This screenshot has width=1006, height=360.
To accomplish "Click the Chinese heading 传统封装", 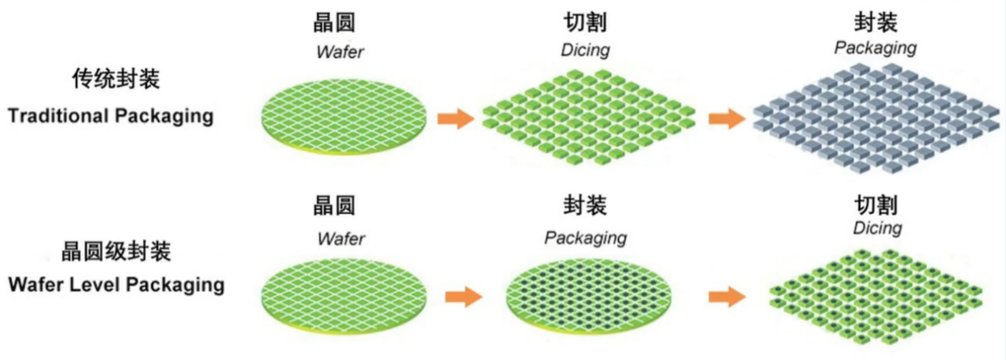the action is pos(116,78).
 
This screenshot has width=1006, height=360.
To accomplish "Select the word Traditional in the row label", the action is pos(59,115).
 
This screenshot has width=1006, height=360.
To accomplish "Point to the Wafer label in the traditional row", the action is pos(340,52).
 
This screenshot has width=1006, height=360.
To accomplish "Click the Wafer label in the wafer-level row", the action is pos(341,238).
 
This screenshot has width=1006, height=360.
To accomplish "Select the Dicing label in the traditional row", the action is pos(585,50).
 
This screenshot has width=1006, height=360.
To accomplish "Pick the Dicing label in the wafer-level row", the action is pos(878,228).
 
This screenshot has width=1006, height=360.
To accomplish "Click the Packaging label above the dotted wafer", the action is pos(586,238).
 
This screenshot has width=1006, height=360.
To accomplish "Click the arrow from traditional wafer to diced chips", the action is pos(456,119).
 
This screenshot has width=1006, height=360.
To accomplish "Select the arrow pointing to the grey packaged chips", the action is pos(727,119).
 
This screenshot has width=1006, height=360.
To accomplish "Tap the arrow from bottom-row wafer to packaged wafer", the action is pos(464,296).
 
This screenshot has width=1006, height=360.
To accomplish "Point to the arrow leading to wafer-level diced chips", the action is pos(727,296).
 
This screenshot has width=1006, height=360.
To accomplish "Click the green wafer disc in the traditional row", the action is pos(344,117).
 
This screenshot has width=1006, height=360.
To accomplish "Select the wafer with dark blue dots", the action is pos(589,297).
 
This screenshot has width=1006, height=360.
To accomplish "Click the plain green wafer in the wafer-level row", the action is pos(344,297).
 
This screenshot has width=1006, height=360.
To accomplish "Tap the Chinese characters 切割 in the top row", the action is pos(585,22).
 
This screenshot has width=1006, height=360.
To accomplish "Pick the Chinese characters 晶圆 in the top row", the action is pos(334,22).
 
